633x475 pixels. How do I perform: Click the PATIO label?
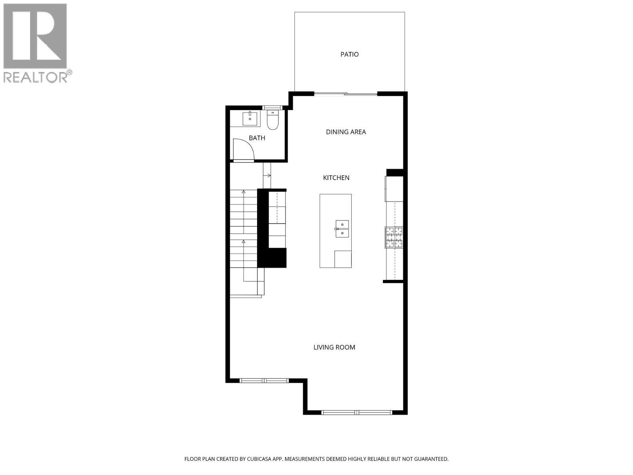(349, 54)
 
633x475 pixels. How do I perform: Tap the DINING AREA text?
(346, 132)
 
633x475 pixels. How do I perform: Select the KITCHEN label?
(336, 178)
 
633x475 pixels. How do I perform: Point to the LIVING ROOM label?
(334, 347)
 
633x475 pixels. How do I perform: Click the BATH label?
(257, 138)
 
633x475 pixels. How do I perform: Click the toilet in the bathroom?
(273, 120)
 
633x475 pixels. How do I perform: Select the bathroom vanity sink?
(250, 118)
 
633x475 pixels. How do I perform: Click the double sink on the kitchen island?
(342, 229)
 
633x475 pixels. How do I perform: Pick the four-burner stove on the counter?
(394, 237)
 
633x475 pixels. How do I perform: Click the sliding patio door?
(346, 94)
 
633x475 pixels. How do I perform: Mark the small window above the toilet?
(273, 108)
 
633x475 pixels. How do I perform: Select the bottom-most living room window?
(357, 412)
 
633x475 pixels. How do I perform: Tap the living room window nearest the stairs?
(264, 381)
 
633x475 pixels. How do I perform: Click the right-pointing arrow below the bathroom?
(268, 175)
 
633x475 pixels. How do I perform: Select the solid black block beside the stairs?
(272, 257)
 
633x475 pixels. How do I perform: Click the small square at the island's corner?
(343, 259)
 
